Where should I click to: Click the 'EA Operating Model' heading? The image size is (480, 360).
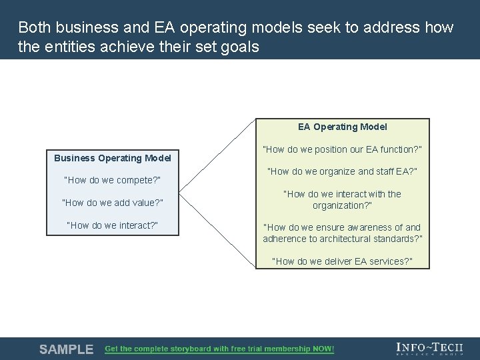click(342, 127)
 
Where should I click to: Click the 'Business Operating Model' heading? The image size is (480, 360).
click(112, 158)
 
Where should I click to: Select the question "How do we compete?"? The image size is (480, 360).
click(112, 180)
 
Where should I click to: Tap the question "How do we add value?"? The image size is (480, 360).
click(112, 203)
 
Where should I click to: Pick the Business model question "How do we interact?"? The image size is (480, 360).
click(112, 225)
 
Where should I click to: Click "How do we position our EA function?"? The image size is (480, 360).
click(342, 149)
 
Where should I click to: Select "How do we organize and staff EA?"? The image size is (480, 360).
click(342, 172)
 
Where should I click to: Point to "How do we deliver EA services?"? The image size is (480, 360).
click(342, 261)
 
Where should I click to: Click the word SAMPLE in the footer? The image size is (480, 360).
click(66, 349)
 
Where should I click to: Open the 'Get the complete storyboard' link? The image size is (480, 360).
click(219, 349)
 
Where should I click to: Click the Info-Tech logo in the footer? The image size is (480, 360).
click(429, 349)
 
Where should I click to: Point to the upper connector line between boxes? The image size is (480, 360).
click(217, 153)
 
